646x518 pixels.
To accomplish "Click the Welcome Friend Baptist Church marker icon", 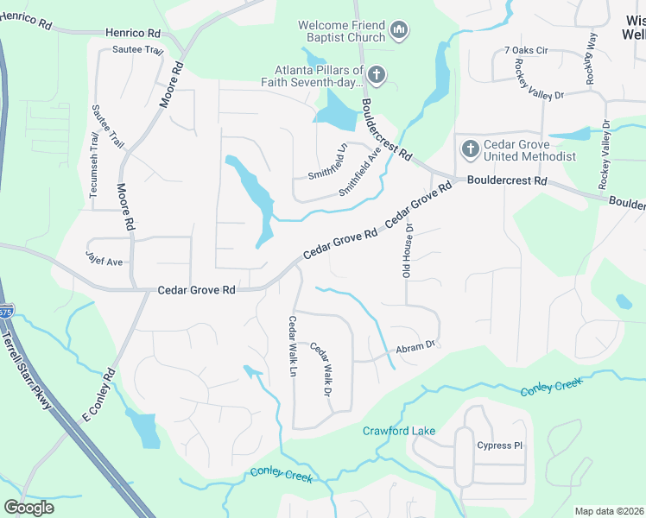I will [x=398, y=31].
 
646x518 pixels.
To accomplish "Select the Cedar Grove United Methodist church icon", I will [x=470, y=149].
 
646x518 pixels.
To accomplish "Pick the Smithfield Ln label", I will [x=327, y=161].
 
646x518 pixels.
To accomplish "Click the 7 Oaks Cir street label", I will [x=527, y=51].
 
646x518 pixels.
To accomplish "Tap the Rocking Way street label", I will [x=590, y=59].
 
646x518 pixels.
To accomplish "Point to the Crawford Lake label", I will [x=399, y=430].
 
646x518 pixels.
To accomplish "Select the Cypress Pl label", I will [x=500, y=445].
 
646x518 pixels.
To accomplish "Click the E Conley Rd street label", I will [x=98, y=396].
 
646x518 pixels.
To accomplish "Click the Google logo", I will [x=28, y=507].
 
